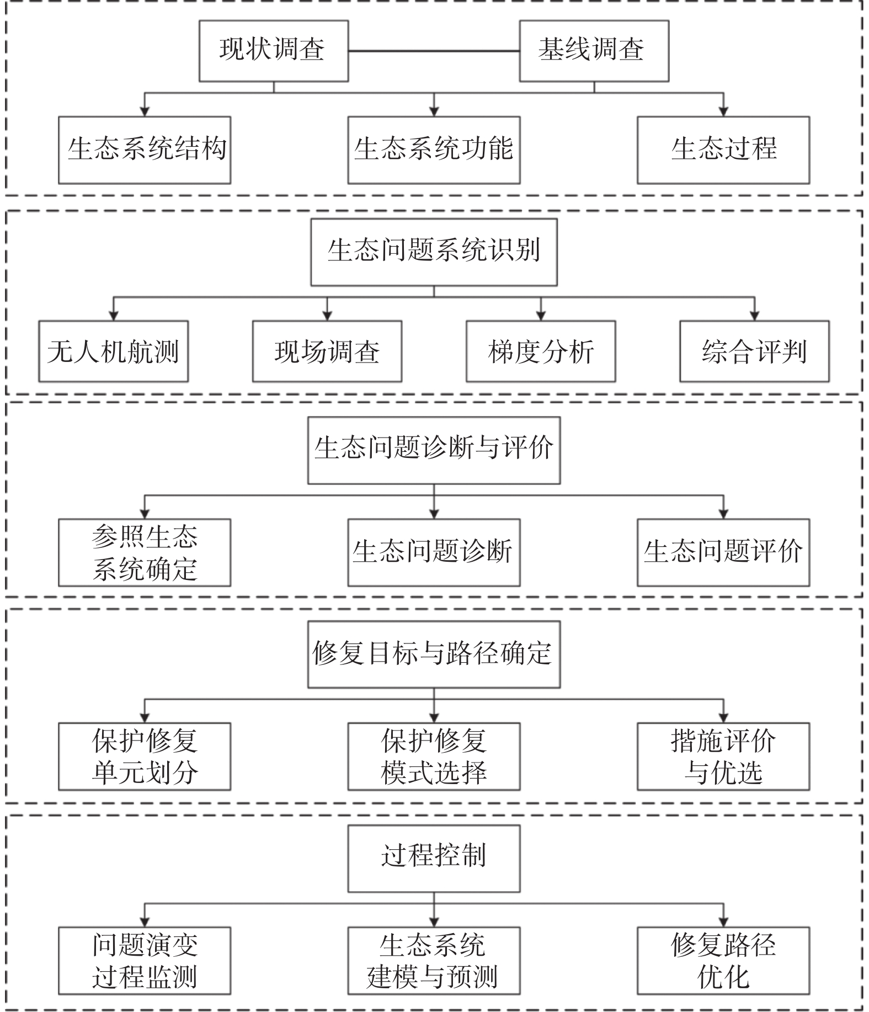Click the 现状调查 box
click(x=273, y=51)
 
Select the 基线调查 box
click(x=594, y=51)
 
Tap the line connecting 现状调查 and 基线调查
click(x=434, y=51)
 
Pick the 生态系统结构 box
click(x=145, y=150)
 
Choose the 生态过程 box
click(x=723, y=150)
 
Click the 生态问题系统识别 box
click(x=434, y=252)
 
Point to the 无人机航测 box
click(x=113, y=351)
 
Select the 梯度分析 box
click(x=540, y=351)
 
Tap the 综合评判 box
click(x=754, y=351)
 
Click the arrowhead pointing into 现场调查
click(x=327, y=316)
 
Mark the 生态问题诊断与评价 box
click(x=434, y=450)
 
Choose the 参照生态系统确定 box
click(x=145, y=552)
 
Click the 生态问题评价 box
click(x=723, y=552)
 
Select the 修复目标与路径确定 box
click(x=434, y=654)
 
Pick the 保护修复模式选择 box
click(x=434, y=756)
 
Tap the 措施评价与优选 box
click(x=723, y=756)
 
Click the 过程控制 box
click(x=434, y=858)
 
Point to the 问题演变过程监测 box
click(x=145, y=960)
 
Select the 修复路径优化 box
click(x=723, y=960)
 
